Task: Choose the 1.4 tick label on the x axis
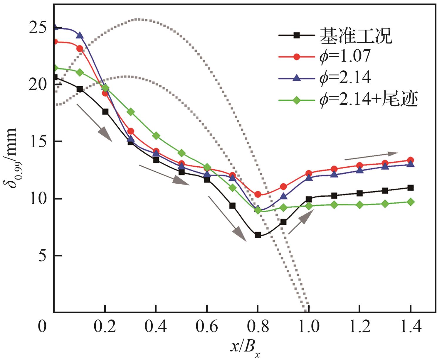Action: (410, 327)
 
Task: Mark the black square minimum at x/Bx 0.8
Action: (258, 235)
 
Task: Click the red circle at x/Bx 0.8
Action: (258, 194)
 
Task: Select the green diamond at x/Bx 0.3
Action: (131, 112)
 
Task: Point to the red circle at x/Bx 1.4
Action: (411, 160)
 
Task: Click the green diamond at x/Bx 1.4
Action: (411, 202)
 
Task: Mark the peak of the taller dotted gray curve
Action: (138, 19)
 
